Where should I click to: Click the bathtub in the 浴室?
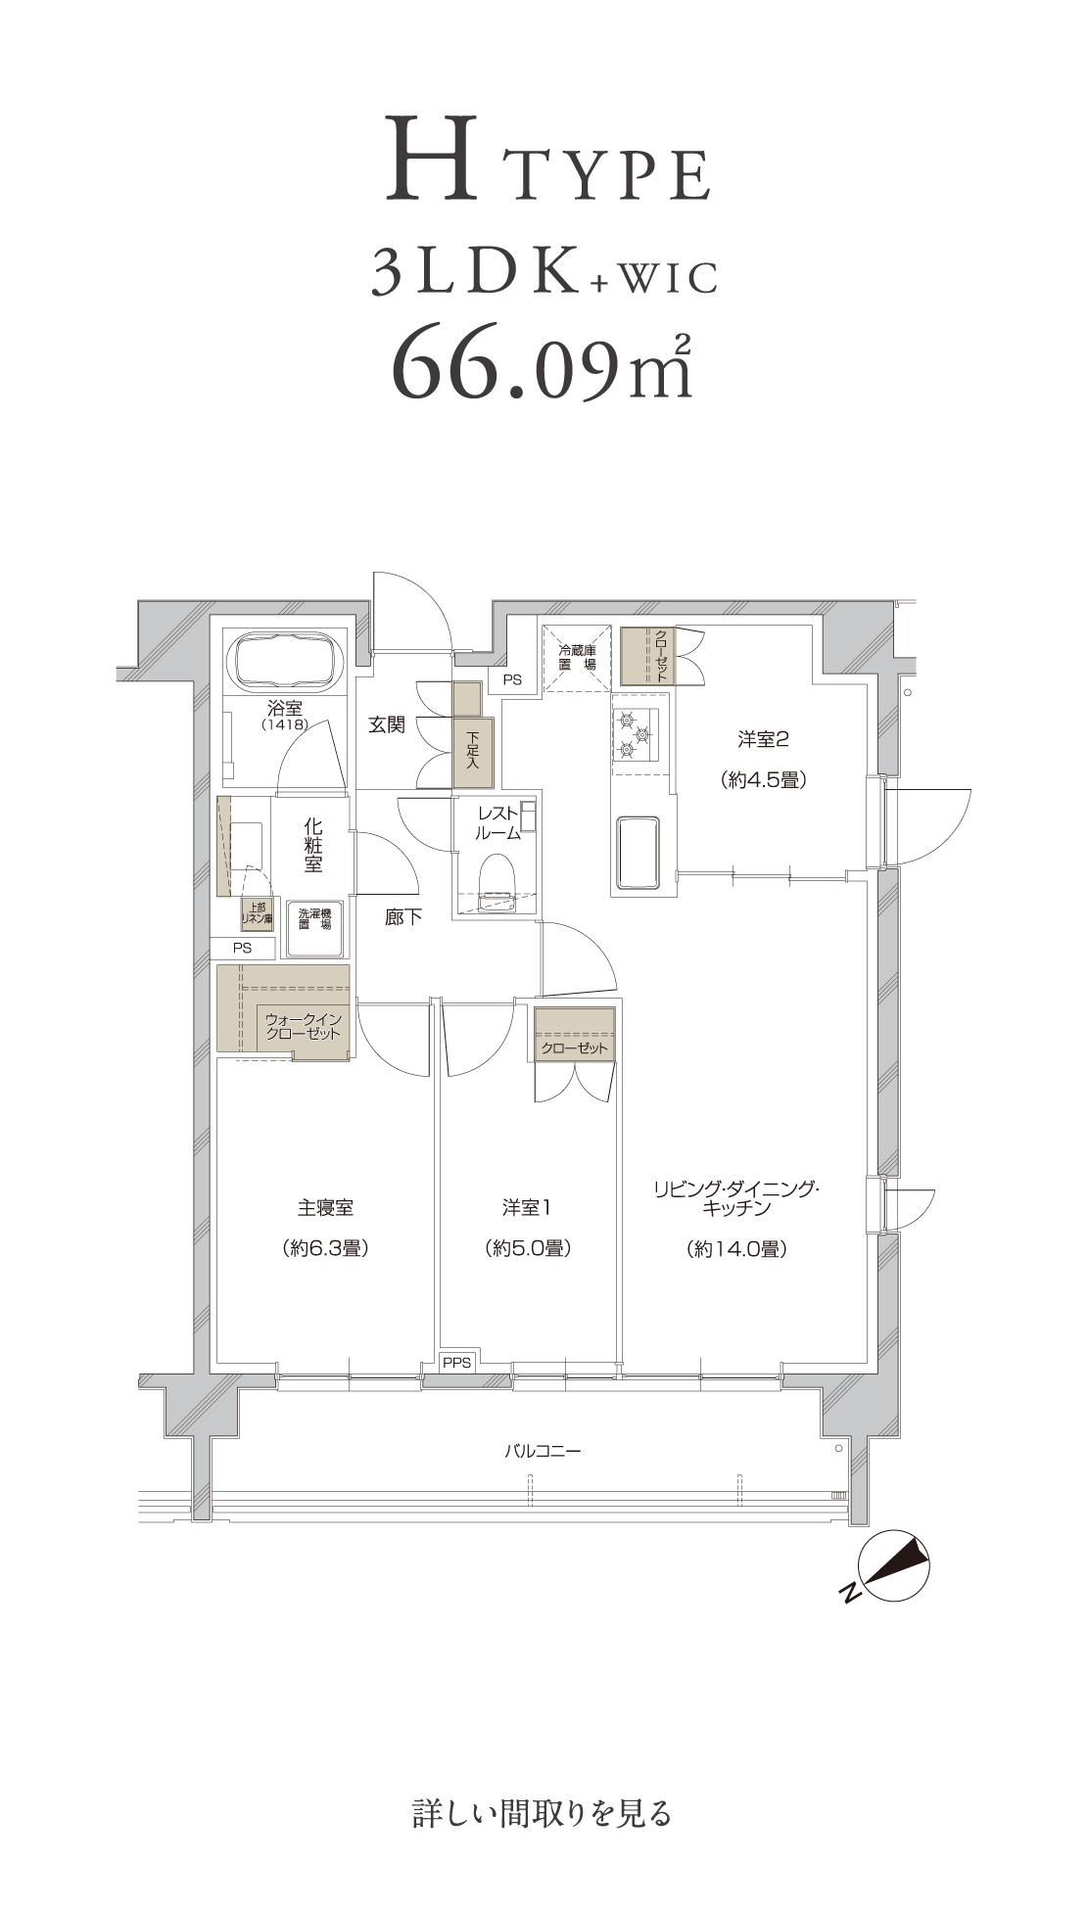[x=286, y=662]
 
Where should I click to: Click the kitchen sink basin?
[x=638, y=852]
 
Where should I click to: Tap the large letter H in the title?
[x=432, y=159]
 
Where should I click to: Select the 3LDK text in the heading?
[x=474, y=274]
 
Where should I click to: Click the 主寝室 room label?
[x=325, y=1208]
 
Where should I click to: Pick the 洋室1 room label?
[x=527, y=1208]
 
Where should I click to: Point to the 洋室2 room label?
[x=763, y=740]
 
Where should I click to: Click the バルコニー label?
[x=543, y=1451]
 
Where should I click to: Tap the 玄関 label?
[x=387, y=725]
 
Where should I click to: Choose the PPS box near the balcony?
[x=456, y=1362]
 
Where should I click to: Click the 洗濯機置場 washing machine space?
[x=314, y=927]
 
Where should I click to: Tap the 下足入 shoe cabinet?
[x=473, y=753]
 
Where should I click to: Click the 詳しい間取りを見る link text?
[x=543, y=1814]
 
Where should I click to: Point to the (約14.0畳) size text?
[x=737, y=1249]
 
